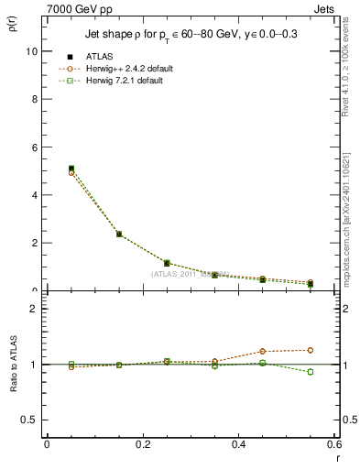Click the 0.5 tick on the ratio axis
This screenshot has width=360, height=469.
[x=31, y=420]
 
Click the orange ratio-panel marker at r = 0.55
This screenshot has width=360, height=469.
[x=311, y=350]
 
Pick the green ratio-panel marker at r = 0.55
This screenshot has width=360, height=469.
[x=311, y=372]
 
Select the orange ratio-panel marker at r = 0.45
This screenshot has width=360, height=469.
[x=263, y=351]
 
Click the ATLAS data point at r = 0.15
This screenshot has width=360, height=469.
[x=119, y=234]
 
